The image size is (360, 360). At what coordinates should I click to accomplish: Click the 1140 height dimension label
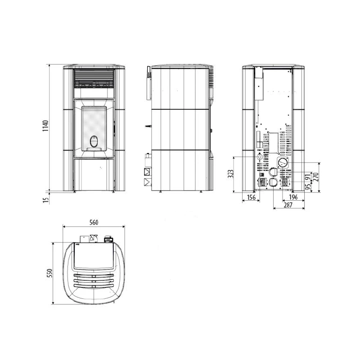click(46, 126)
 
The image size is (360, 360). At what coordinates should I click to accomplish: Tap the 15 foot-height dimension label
click(46, 200)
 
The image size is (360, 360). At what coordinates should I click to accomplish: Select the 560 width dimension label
click(94, 222)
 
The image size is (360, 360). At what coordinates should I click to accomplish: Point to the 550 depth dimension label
click(49, 273)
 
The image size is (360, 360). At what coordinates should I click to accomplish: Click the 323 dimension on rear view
click(230, 174)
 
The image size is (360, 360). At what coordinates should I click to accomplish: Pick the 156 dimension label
click(251, 197)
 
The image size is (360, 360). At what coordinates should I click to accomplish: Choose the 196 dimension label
click(293, 197)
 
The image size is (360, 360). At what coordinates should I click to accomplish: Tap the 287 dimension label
click(288, 205)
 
